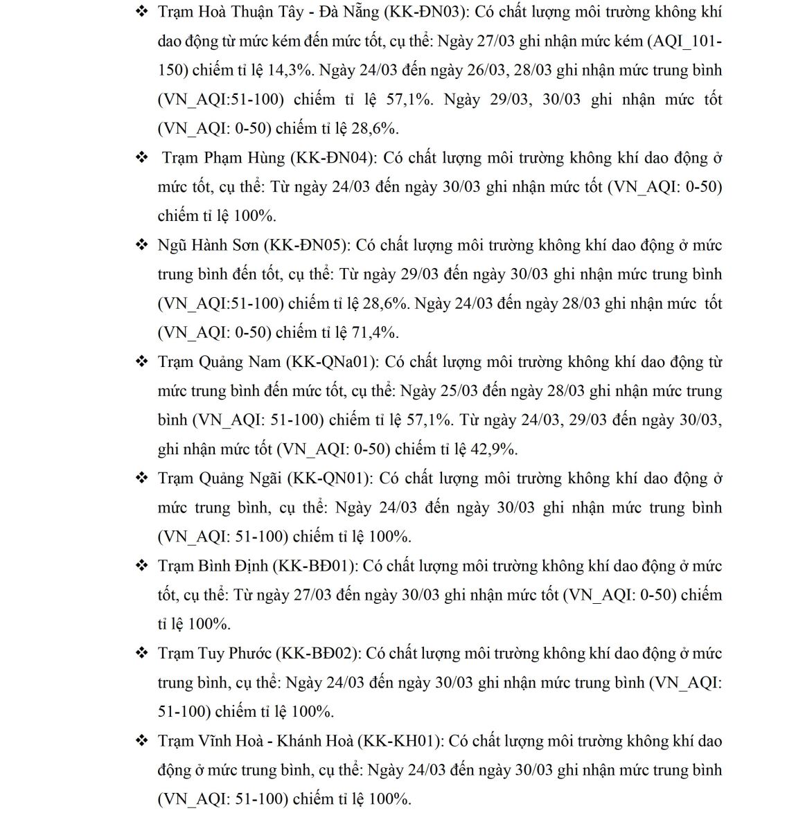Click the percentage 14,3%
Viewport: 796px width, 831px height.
pyautogui.click(x=292, y=71)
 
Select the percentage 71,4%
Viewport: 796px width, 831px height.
pyautogui.click(x=375, y=332)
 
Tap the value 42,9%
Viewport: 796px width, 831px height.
pyautogui.click(x=494, y=449)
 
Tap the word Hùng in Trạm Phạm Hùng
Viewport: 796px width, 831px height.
pyautogui.click(x=265, y=158)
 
